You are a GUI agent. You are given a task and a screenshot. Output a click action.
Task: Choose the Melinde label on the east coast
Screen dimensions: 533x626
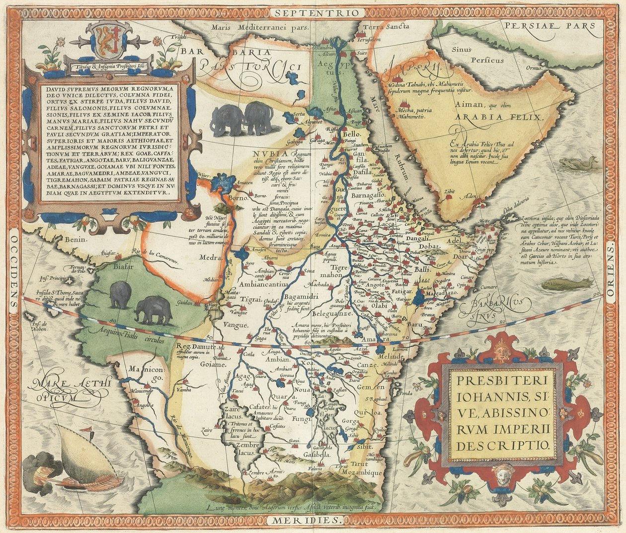click(x=391, y=357)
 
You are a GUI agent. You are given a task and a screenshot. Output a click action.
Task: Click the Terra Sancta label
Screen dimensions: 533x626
click(x=381, y=27)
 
